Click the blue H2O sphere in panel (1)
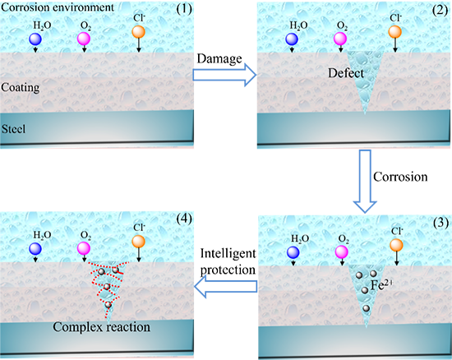35,39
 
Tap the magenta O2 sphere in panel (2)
340,39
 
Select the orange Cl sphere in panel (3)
396,245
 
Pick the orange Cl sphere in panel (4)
138,242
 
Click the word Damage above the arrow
219,59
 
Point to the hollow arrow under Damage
224,75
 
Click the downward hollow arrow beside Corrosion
365,181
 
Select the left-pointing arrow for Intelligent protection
226,287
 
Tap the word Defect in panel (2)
346,73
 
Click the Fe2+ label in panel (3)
381,284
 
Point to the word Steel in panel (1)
13,129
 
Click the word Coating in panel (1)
21,88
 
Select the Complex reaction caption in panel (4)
101,327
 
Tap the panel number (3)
440,223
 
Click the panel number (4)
184,219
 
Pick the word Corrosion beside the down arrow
400,177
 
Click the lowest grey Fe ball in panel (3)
366,308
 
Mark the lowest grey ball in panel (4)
108,305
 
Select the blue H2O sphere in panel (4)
35,248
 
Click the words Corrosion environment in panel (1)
58,7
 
